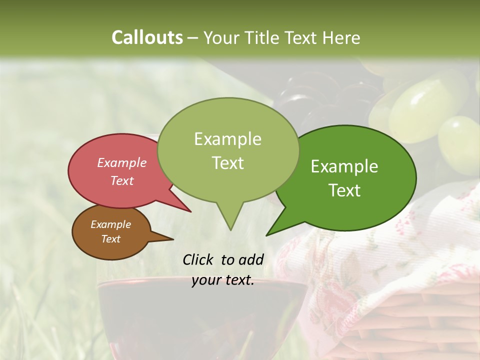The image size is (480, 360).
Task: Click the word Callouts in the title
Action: tap(147, 37)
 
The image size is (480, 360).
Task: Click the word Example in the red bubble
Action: tap(122, 162)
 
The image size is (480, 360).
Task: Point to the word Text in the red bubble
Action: tap(122, 180)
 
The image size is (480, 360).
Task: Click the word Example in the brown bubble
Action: tap(110, 224)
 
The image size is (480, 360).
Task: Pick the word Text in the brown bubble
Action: tap(110, 239)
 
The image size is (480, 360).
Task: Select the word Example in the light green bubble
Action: tap(227, 139)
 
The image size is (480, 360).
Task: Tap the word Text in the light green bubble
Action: tap(227, 163)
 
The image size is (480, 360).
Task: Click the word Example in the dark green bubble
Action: tap(344, 166)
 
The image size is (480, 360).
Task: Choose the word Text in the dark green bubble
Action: tap(344, 190)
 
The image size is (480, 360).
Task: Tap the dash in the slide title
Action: tap(192, 38)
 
